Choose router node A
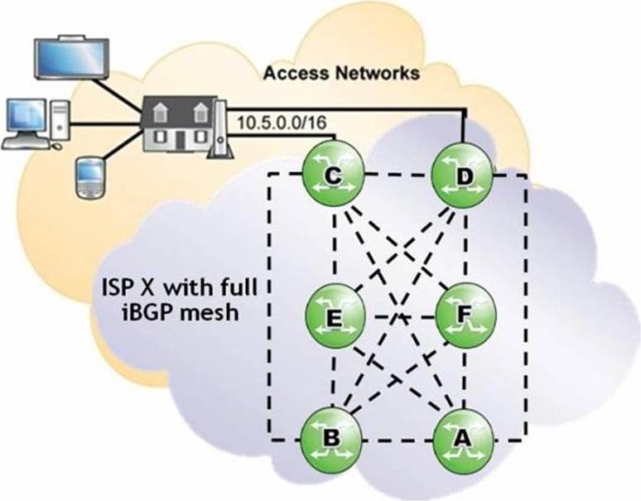(x=464, y=438)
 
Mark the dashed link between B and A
(x=398, y=438)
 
